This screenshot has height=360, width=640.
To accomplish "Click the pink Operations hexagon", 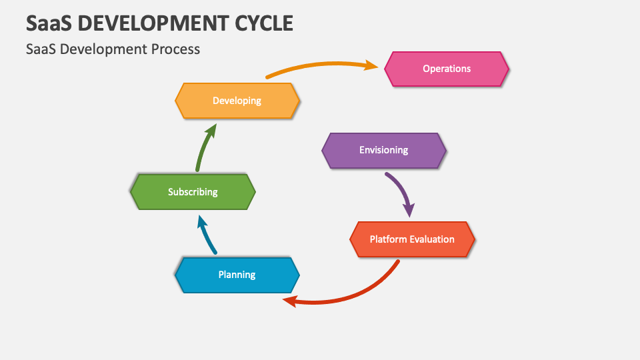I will pos(447,69).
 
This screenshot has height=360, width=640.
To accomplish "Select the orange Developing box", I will pos(237,101).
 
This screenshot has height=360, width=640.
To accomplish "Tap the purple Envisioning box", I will pos(384,150).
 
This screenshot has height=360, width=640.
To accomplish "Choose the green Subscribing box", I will pos(193,192).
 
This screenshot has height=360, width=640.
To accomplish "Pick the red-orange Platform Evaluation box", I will pos(412,239).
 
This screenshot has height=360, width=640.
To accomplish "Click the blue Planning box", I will pos(237,275).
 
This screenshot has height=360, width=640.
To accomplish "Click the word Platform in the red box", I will pos(387,239).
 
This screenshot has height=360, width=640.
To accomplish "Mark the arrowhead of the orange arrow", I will pos(372,65).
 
